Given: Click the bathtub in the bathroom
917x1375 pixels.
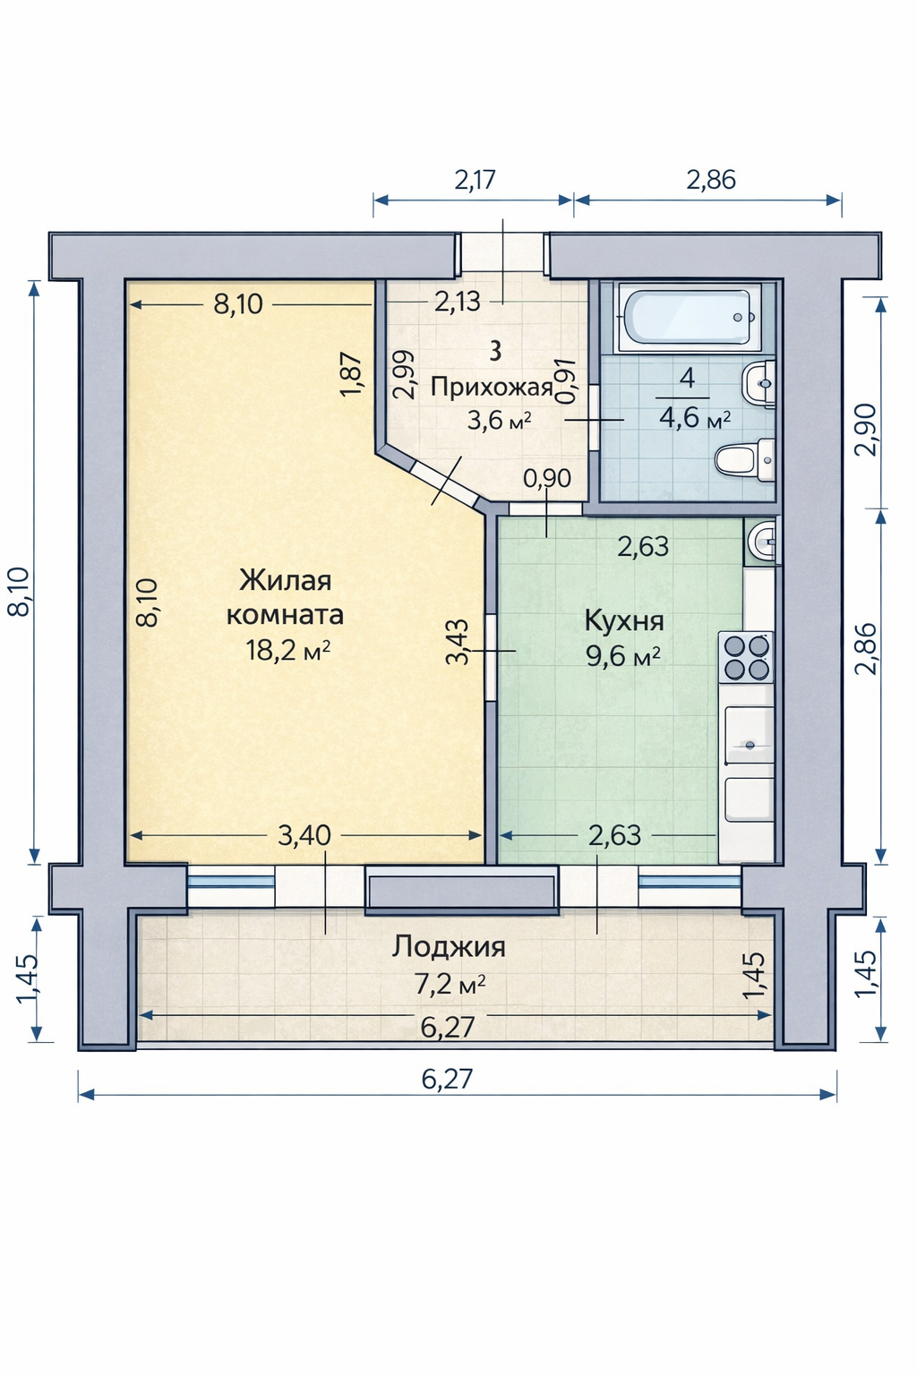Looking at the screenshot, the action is [690, 318].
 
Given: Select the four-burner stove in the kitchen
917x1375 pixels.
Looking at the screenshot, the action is [746, 657].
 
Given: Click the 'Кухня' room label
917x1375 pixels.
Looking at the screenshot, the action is [624, 621].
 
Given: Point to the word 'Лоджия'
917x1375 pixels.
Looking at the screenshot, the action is [449, 947].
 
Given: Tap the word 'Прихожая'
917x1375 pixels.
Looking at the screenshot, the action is [492, 388].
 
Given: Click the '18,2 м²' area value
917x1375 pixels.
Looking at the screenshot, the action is [288, 650].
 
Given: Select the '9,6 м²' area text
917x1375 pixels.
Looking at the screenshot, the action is [623, 656].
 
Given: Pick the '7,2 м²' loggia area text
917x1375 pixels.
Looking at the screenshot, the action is [450, 985].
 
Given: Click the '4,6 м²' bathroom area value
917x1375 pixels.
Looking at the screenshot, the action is [695, 419].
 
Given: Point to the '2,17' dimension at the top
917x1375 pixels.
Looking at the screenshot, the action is [475, 180].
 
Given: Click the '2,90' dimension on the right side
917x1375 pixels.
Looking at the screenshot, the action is [865, 430].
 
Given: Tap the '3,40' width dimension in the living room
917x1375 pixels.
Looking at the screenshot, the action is [304, 835].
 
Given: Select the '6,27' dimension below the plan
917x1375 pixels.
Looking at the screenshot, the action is [447, 1079].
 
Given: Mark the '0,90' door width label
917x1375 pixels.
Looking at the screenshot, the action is [547, 477].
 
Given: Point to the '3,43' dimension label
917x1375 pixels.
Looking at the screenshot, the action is [458, 642].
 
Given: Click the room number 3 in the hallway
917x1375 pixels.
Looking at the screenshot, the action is [496, 352].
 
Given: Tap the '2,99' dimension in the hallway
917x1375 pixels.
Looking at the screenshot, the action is [404, 375].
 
